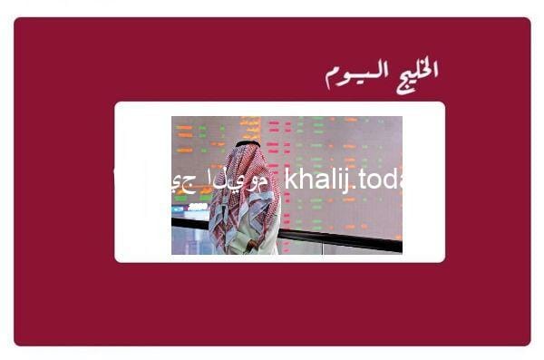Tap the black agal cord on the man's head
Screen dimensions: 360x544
248,143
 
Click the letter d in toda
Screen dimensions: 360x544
387,180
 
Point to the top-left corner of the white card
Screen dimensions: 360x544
116,103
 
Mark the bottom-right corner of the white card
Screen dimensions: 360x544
443,260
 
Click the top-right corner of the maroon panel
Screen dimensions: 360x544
529,19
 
